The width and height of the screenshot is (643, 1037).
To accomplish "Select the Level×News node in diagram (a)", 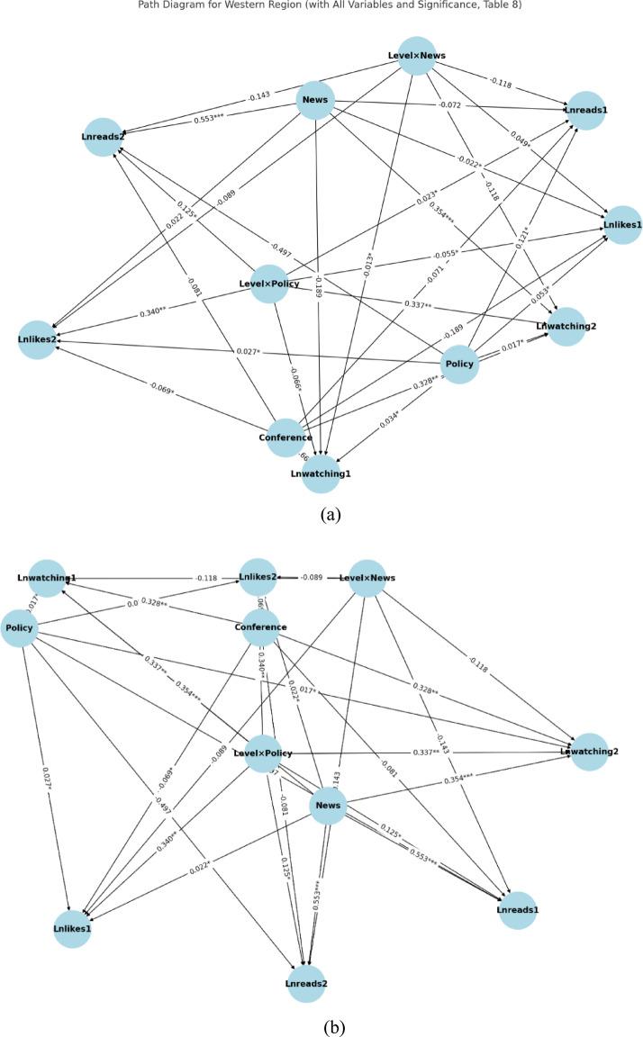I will point(417,57).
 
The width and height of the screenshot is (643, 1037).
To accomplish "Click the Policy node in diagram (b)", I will point(19,627).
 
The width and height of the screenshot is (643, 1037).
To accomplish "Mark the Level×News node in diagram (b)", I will point(367,577).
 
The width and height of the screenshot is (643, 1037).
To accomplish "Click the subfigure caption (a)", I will point(321,515).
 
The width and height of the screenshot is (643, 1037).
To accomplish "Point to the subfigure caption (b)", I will point(321,1024).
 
